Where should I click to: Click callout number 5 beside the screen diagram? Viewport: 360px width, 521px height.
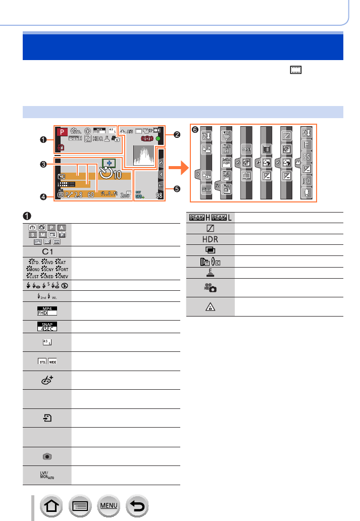pos(176,189)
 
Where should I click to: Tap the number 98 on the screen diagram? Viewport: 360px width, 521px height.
pos(160,196)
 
